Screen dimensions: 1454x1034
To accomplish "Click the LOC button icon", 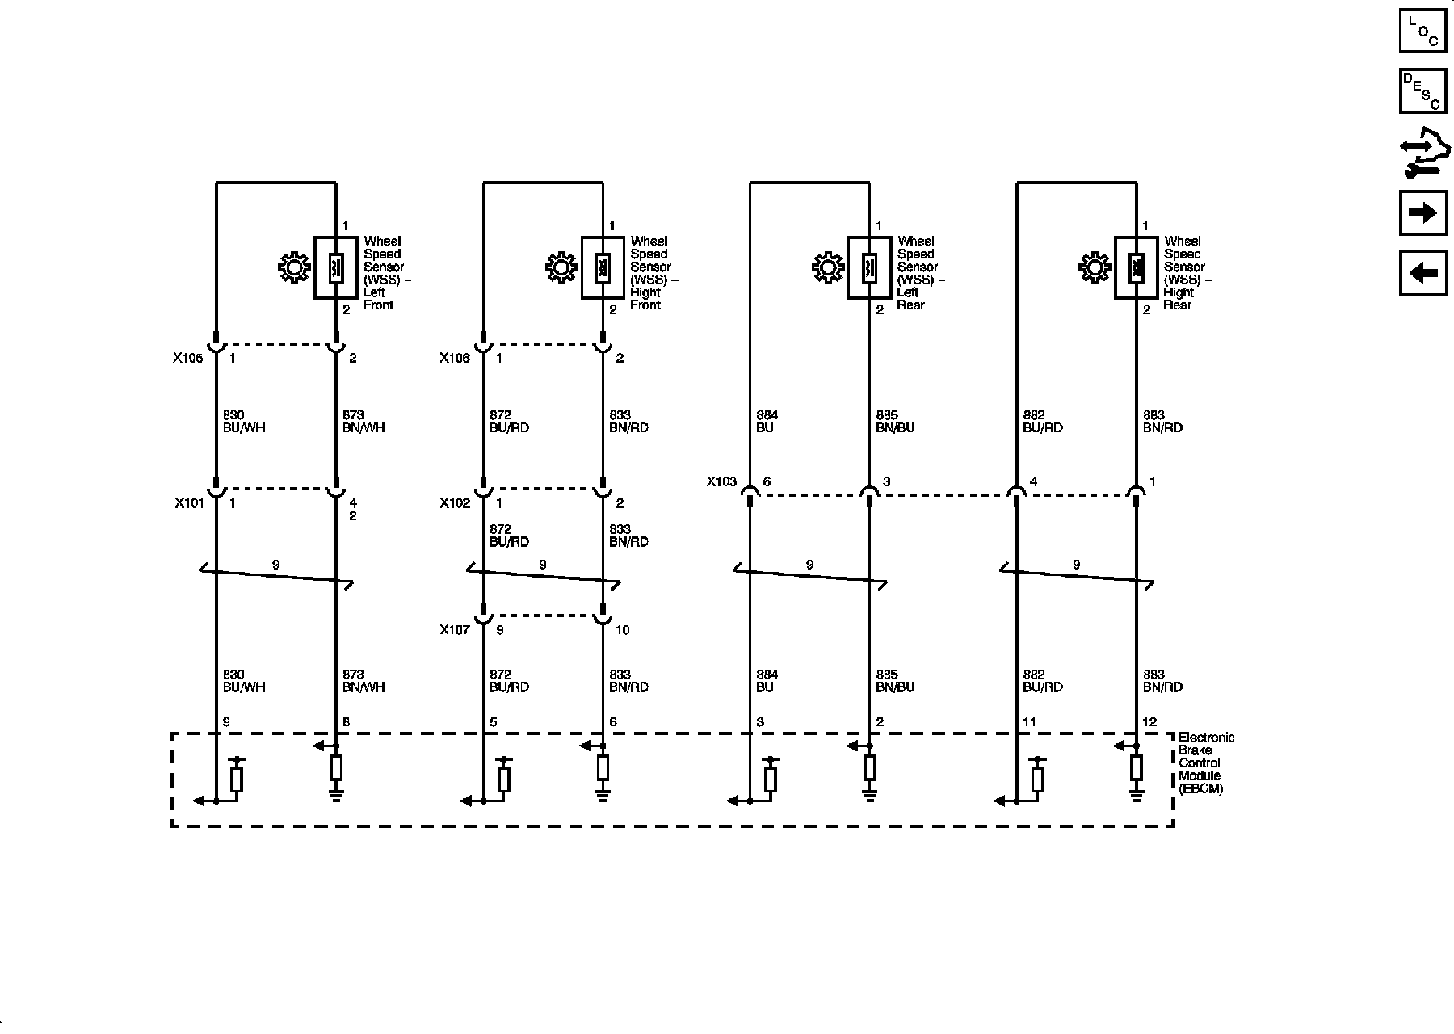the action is click(1422, 30).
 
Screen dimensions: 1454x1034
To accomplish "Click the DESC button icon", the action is click(1422, 91).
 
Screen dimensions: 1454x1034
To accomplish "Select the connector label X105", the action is click(187, 358).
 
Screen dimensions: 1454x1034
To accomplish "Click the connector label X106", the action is click(454, 358).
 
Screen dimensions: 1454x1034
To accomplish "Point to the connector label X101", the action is click(189, 503).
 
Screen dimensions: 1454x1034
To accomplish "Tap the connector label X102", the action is click(455, 503).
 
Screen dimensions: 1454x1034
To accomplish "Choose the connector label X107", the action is click(455, 630).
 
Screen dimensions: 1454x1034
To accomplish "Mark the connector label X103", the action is click(721, 481).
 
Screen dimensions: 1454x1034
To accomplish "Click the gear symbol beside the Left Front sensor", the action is click(293, 267).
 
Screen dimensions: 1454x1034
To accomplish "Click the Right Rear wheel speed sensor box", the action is click(1136, 267).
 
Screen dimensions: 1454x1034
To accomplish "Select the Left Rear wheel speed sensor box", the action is click(869, 267).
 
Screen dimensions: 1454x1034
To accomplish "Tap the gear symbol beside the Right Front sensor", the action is click(561, 267).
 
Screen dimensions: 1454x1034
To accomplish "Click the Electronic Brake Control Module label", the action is click(1206, 763).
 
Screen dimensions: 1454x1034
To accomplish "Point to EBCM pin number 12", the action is click(1149, 722).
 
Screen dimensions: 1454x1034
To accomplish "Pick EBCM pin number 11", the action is click(1029, 722).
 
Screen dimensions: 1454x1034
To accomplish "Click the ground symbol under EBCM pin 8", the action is click(336, 796).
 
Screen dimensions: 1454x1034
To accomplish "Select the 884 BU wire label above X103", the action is click(767, 422).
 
